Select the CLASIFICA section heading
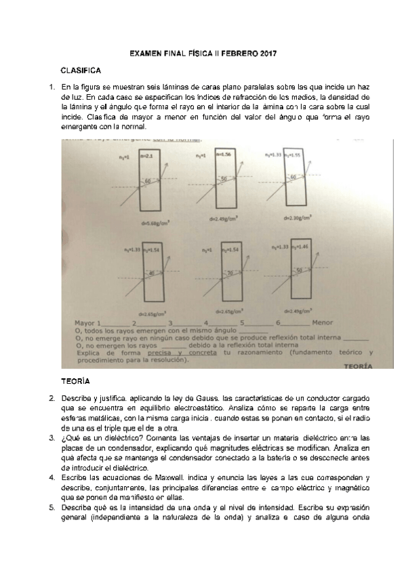[x=81, y=71]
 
